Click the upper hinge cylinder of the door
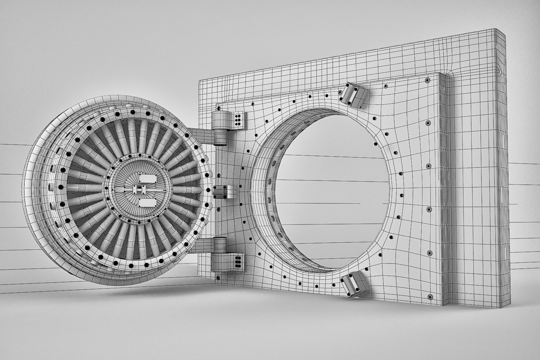220,128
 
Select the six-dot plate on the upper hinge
238,119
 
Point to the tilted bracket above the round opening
353,94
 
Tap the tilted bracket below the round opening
353,283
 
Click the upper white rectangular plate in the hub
147,179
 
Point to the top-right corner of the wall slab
504,31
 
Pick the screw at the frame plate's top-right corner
427,80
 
